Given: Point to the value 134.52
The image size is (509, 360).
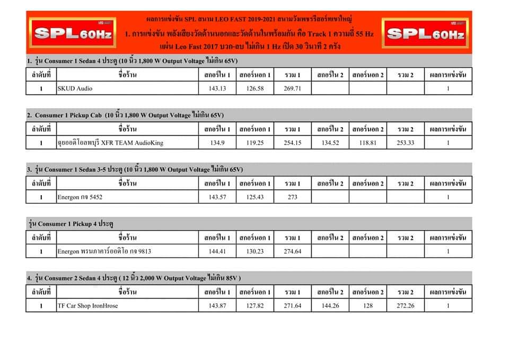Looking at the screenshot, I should (x=330, y=143).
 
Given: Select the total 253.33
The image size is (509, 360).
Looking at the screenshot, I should (x=405, y=143).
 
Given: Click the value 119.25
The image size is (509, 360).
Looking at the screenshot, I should (x=254, y=143).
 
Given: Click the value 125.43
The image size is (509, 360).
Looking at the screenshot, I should (x=254, y=197).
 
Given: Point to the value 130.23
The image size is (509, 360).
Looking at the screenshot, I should (x=254, y=251).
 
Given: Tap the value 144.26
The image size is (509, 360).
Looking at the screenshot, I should (x=330, y=306).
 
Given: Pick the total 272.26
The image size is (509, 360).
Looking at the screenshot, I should (x=405, y=306).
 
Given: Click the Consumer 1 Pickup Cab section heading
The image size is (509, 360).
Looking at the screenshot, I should (x=126, y=115).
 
